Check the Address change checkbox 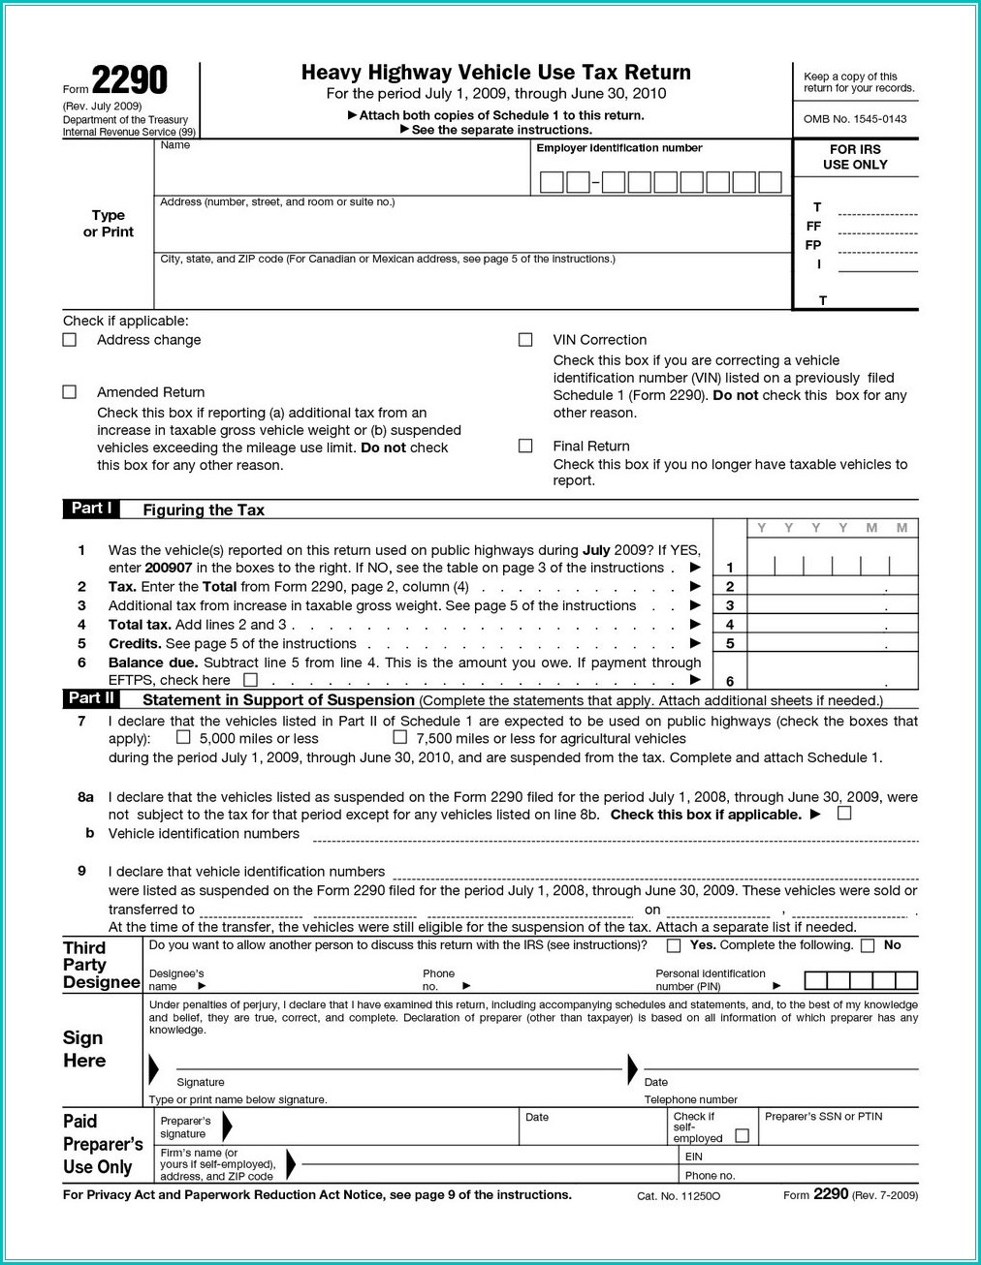coord(70,340)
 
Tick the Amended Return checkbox coord(70,392)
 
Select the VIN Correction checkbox coord(525,340)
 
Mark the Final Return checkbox coord(525,447)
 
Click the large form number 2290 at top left coord(129,80)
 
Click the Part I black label coord(92,509)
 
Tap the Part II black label coord(92,698)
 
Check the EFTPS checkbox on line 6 coord(251,680)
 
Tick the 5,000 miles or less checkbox coord(183,737)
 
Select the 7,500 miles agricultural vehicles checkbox coord(399,737)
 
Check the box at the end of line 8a coord(844,814)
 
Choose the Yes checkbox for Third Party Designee coord(674,946)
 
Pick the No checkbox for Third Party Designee coord(868,946)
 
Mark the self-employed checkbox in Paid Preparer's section coord(743,1136)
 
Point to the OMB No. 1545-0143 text coord(855,119)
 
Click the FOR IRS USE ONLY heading coord(855,157)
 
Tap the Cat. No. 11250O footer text coord(679,1196)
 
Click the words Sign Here coord(84,1049)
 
